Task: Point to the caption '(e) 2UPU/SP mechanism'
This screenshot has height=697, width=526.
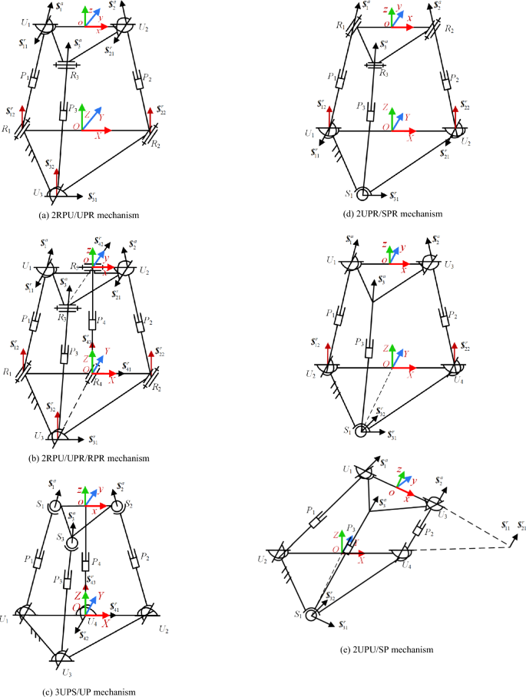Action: coord(392,649)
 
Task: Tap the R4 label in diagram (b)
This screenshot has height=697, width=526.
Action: coord(97,383)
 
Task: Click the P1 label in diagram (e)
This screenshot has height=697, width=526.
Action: coord(312,508)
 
